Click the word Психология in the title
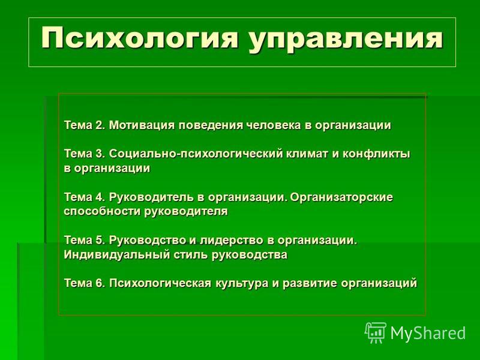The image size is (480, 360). click(x=140, y=38)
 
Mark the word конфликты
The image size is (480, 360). click(x=376, y=154)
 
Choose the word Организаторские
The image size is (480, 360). click(x=341, y=197)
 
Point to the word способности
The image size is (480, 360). click(x=102, y=211)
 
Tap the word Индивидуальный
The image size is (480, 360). click(x=116, y=254)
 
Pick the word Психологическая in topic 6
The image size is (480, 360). click(x=160, y=283)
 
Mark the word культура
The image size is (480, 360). click(x=242, y=283)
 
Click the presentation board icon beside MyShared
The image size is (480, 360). click(x=376, y=333)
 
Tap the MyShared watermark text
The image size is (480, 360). click(x=428, y=333)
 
